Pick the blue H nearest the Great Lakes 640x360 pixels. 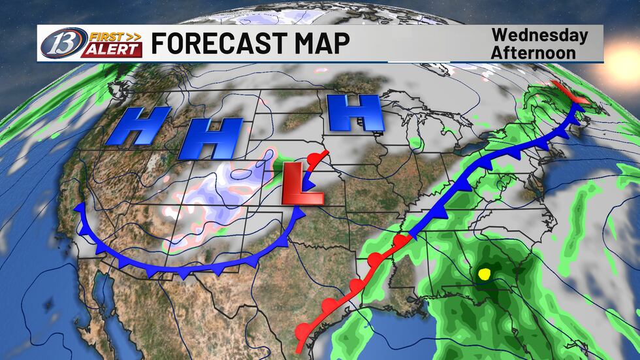click(x=354, y=112)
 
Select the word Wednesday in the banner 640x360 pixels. click(x=539, y=35)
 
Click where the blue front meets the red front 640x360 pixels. click(x=410, y=235)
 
